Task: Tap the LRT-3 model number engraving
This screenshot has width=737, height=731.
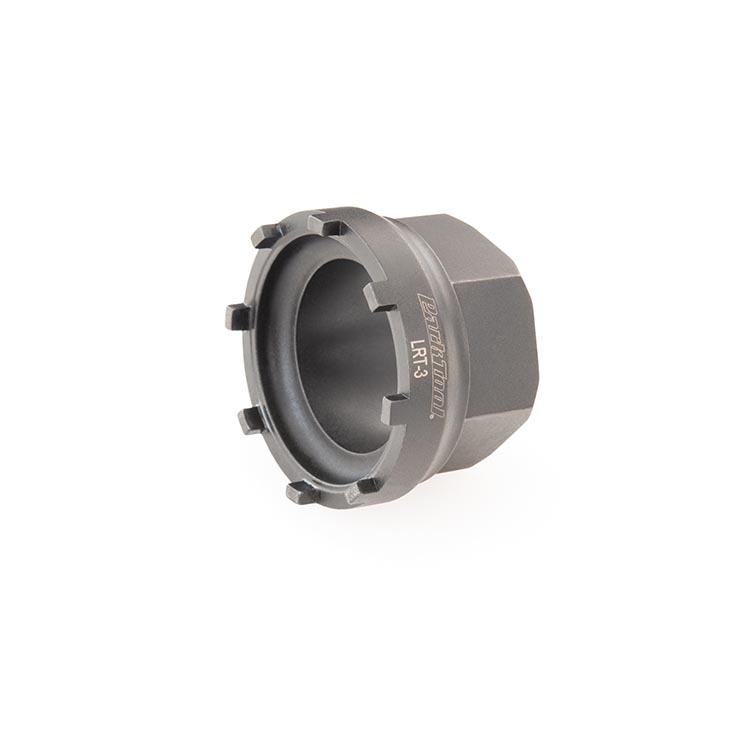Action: tap(415, 359)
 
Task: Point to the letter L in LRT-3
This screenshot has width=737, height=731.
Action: tap(414, 343)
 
